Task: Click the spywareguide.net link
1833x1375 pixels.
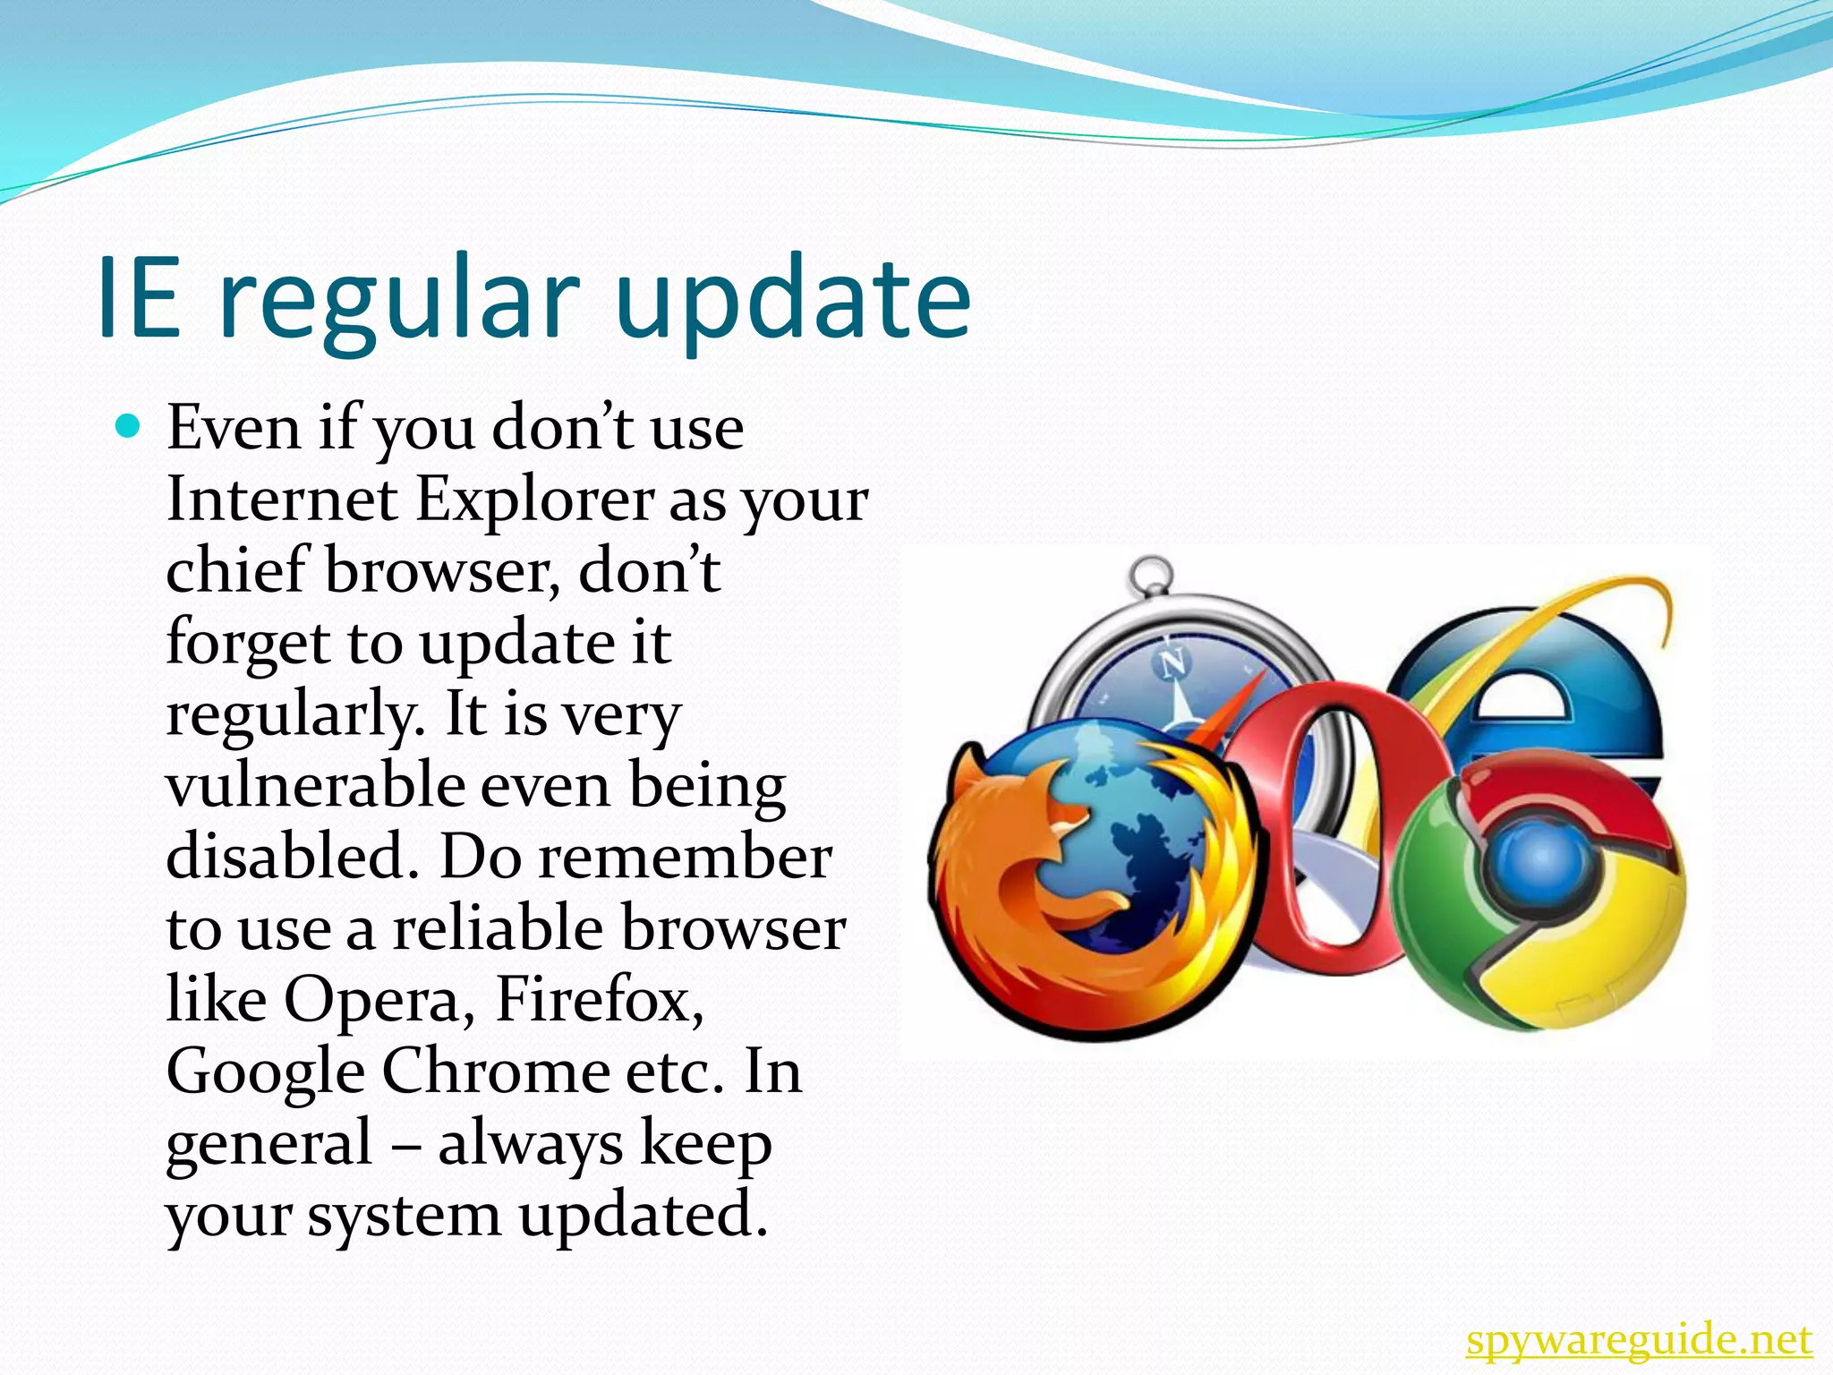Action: pos(1639,1340)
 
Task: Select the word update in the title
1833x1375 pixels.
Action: pos(793,301)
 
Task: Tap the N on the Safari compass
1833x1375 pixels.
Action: pos(1172,663)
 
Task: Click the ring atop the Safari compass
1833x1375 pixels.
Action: pos(1149,574)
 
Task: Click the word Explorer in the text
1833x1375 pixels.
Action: pos(535,500)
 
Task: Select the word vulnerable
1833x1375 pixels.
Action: pos(315,785)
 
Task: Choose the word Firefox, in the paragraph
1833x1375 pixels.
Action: pos(599,999)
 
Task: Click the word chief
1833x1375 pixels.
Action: pos(237,570)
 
